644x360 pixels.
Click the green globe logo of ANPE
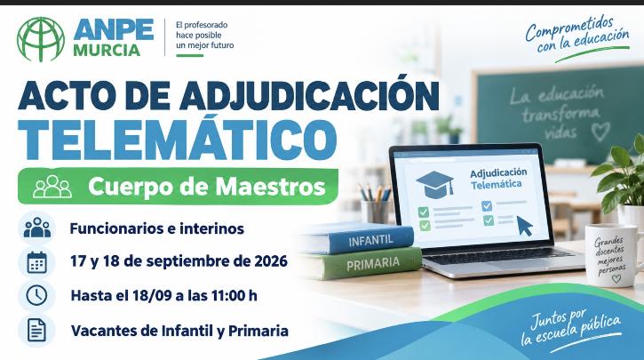click(x=41, y=39)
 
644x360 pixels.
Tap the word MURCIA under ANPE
click(x=107, y=50)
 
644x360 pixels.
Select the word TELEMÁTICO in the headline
click(x=178, y=140)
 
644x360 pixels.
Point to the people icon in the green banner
click(x=52, y=187)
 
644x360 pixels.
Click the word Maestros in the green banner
click(x=270, y=187)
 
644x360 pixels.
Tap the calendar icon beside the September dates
click(x=37, y=262)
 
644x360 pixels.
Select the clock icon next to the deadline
click(x=37, y=295)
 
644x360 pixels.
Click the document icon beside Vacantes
click(x=36, y=330)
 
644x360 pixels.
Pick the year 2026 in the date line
click(x=271, y=261)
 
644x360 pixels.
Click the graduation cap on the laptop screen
click(x=435, y=184)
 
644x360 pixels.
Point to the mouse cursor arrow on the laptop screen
click(x=524, y=226)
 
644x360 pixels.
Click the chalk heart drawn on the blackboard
click(x=600, y=132)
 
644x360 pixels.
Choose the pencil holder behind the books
click(x=375, y=211)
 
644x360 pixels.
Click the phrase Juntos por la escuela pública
click(x=571, y=327)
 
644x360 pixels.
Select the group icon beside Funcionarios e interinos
click(x=37, y=228)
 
